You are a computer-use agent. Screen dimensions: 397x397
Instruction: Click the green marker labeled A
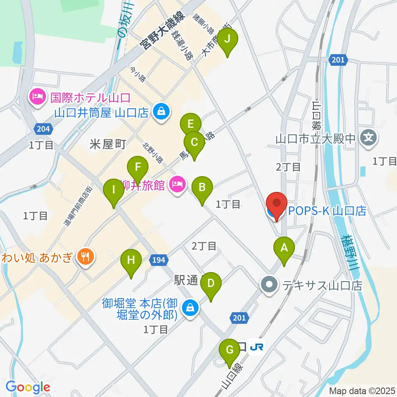(x=284, y=248)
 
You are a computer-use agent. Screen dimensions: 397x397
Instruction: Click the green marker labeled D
(x=211, y=284)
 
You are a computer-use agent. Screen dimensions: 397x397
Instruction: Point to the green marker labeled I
(x=113, y=191)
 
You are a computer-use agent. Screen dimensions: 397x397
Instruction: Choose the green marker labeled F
(x=138, y=168)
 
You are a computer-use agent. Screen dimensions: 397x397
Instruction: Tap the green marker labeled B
(x=202, y=188)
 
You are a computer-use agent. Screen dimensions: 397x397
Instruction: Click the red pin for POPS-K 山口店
(x=276, y=205)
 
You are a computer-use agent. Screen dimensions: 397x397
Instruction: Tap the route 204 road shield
(x=43, y=129)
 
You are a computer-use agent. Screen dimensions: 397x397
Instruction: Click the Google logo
(x=28, y=387)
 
